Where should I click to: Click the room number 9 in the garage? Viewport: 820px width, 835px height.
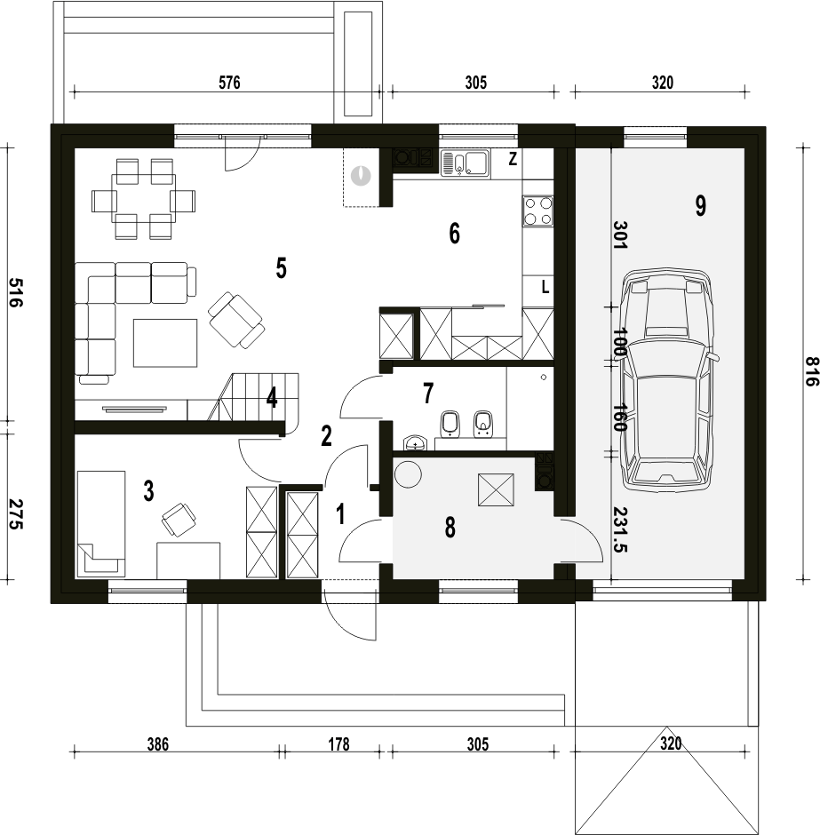[700, 206]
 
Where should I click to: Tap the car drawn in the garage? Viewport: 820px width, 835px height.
[669, 380]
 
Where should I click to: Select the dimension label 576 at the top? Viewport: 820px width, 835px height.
[229, 83]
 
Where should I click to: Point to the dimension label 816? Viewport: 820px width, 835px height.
[810, 371]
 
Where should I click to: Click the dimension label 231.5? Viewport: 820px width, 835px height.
[620, 529]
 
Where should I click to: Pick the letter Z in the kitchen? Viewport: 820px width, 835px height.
[513, 159]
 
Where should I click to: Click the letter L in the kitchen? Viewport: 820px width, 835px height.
[545, 288]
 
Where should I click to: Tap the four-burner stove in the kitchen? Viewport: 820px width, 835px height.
[537, 211]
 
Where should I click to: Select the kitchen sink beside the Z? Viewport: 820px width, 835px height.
[466, 163]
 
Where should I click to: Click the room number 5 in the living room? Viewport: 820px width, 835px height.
[281, 268]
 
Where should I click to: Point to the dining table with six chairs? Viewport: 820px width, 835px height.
[143, 199]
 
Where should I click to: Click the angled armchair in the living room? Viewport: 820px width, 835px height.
[236, 320]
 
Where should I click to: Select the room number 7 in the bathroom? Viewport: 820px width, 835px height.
[428, 394]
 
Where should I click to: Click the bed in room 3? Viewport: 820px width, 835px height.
[101, 523]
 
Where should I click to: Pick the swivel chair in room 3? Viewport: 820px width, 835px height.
[179, 519]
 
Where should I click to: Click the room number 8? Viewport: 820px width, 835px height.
[450, 528]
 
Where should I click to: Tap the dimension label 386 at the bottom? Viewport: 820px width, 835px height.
[157, 744]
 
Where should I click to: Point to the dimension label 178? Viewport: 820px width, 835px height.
[338, 744]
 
